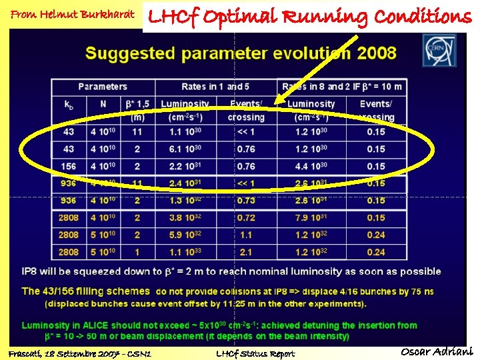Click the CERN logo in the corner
(x=439, y=50)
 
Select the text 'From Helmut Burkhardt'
(x=72, y=14)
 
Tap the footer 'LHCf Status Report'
(x=255, y=353)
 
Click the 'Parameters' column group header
(x=103, y=87)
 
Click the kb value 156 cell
(x=69, y=166)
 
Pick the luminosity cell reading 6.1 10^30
(x=185, y=149)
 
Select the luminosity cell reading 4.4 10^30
(x=311, y=166)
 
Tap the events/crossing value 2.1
(x=246, y=252)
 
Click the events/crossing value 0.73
(x=246, y=201)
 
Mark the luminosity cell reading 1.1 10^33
(x=185, y=252)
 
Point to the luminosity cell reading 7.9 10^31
(x=311, y=218)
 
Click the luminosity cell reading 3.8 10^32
(x=185, y=218)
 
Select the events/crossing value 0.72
(x=246, y=218)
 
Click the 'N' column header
(x=103, y=104)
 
